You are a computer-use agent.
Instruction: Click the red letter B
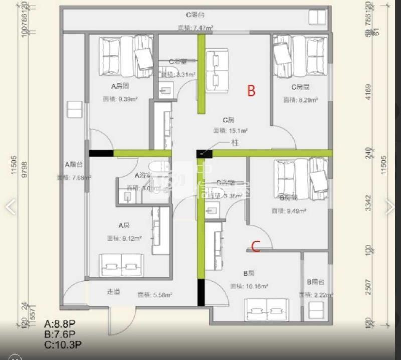(251, 91)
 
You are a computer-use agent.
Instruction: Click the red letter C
(255, 246)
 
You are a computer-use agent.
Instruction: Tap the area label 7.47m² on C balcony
(195, 28)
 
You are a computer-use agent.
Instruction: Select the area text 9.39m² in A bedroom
(119, 99)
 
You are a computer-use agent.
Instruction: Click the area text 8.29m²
(300, 100)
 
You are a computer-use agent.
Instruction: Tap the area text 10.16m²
(249, 286)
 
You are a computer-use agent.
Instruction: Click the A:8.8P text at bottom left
(60, 324)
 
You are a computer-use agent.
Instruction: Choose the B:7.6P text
(60, 334)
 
